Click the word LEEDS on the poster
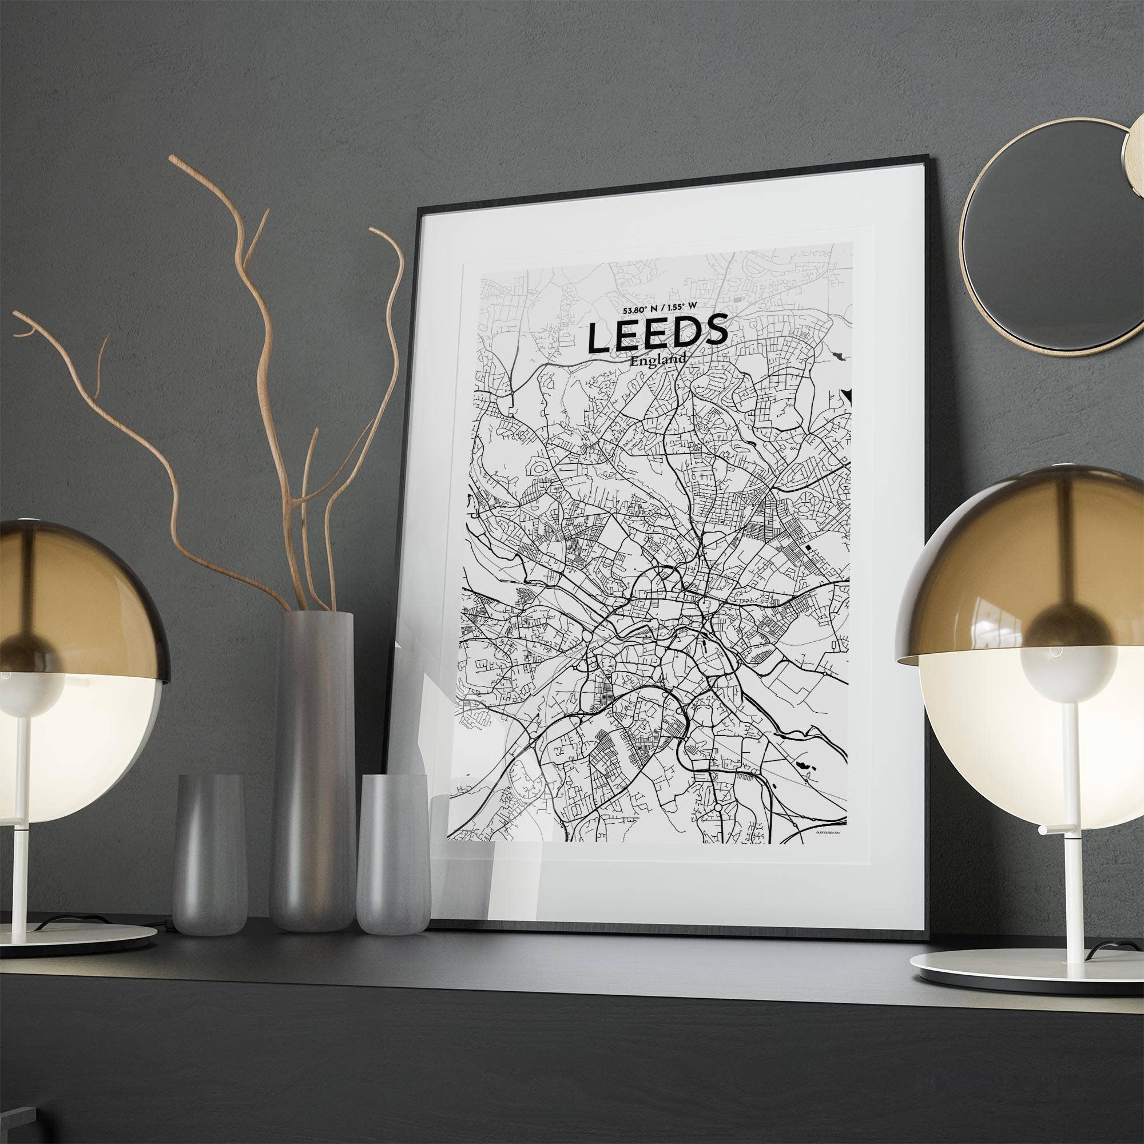click(x=657, y=335)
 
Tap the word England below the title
click(x=658, y=359)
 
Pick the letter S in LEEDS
click(x=714, y=329)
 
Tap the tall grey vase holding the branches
click(x=312, y=770)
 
